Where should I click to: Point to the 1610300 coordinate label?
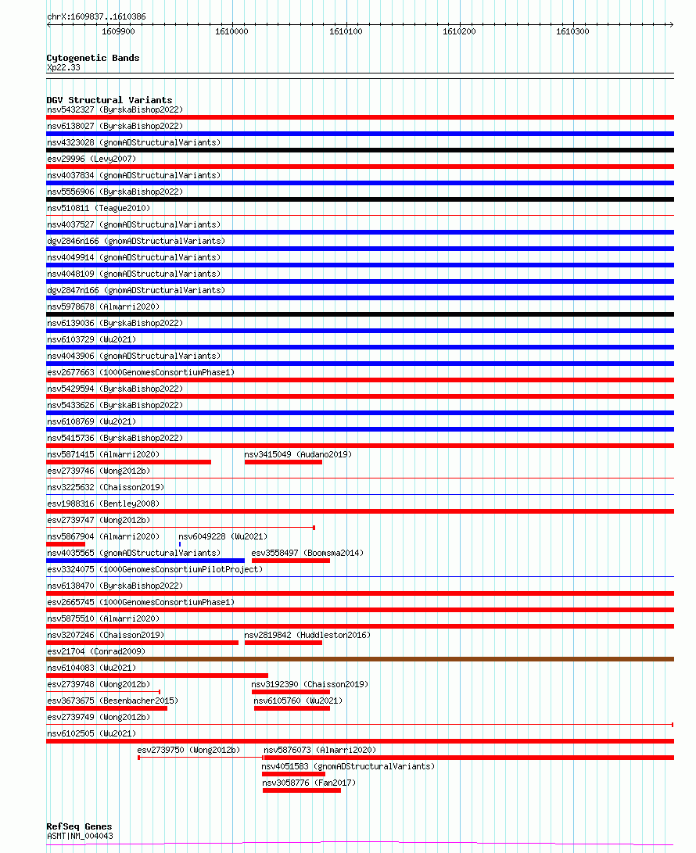(x=572, y=31)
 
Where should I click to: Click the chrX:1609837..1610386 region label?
(x=96, y=16)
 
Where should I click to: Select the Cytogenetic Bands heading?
(x=93, y=58)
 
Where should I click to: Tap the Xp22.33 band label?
(x=63, y=67)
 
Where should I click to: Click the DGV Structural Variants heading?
(x=109, y=100)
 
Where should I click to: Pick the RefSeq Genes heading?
(x=79, y=826)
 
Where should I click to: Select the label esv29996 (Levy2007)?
(x=91, y=159)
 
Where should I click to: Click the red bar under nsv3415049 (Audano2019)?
(x=283, y=462)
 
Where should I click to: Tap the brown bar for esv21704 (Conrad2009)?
(x=360, y=659)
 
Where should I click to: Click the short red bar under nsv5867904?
(x=66, y=544)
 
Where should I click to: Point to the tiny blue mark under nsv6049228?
(x=179, y=544)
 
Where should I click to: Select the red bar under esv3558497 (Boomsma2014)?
(x=290, y=561)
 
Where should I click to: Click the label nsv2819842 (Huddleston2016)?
(x=307, y=635)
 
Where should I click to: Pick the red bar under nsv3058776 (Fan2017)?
(x=302, y=790)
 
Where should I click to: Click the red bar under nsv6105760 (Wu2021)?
(x=292, y=708)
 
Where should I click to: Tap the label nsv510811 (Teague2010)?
(x=99, y=208)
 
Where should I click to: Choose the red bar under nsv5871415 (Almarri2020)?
(x=128, y=462)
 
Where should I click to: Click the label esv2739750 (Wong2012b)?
(x=188, y=750)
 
